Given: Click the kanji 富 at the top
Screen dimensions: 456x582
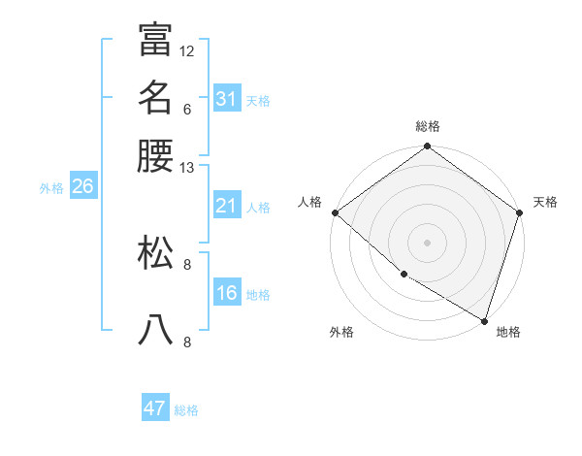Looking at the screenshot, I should (x=155, y=39).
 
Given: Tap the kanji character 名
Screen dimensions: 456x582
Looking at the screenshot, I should (x=155, y=97).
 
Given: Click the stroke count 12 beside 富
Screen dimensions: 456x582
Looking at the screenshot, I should (x=187, y=50).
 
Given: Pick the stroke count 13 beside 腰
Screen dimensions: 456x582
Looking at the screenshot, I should (x=187, y=168).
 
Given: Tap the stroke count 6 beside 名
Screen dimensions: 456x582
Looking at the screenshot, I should (x=187, y=109).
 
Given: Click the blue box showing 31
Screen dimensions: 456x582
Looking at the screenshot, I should (x=227, y=99).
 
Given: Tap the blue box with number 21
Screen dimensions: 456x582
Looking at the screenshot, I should (x=227, y=207).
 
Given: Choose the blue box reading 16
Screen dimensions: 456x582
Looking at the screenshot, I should (x=227, y=294).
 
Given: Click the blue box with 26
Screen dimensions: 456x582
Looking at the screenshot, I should (x=82, y=187).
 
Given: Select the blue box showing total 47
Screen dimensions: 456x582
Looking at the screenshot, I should (x=155, y=408).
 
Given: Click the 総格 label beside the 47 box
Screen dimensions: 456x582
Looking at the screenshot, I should (x=186, y=410).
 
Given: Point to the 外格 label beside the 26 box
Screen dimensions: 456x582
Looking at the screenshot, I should (x=51, y=188).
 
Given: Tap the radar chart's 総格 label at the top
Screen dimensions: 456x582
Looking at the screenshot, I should (x=428, y=126).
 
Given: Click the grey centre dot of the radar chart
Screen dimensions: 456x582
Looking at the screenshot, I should (x=427, y=242).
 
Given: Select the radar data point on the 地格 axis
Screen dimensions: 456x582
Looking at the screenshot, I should (x=484, y=320).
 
